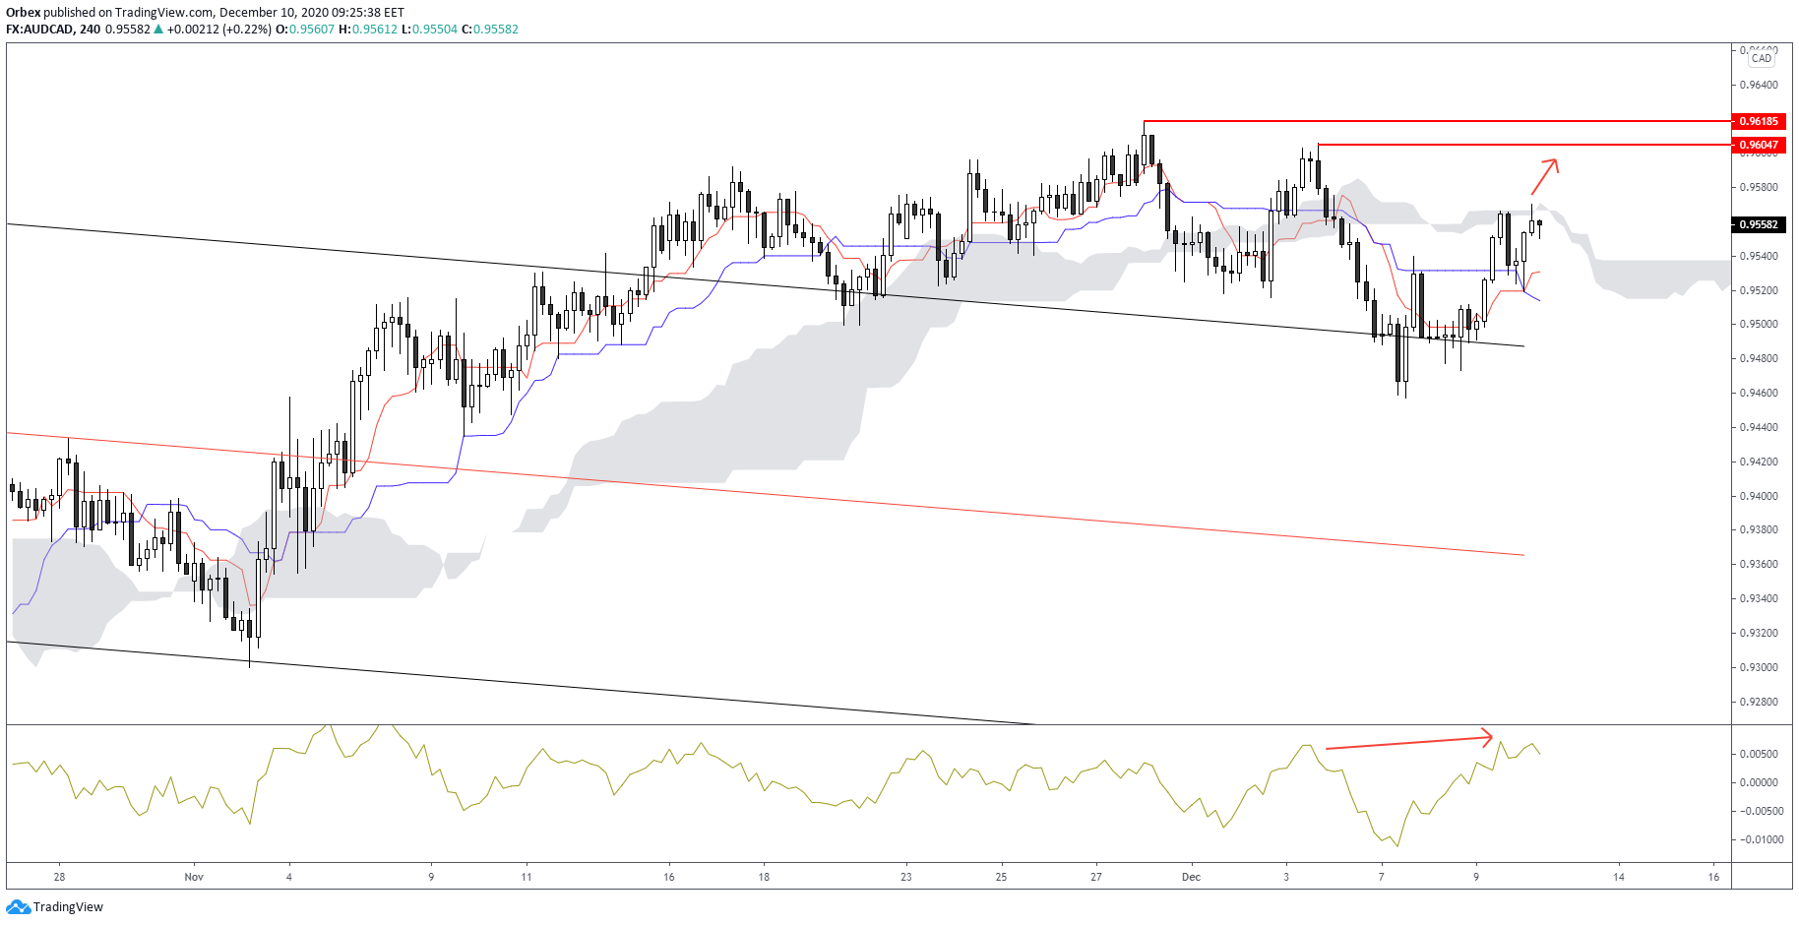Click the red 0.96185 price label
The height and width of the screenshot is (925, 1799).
pyautogui.click(x=1759, y=121)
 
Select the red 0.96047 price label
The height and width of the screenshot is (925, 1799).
pyautogui.click(x=1759, y=145)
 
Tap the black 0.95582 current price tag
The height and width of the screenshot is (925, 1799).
pyautogui.click(x=1759, y=224)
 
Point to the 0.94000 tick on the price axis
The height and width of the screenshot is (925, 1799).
pyautogui.click(x=1759, y=496)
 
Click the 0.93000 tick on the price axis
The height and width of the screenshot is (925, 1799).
pyautogui.click(x=1759, y=667)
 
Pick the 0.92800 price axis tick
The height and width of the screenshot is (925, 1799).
pyautogui.click(x=1759, y=702)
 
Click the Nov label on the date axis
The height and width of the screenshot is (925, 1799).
pyautogui.click(x=194, y=877)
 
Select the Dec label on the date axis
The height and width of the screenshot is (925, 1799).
pyautogui.click(x=1191, y=877)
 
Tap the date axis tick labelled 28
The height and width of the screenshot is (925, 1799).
pyautogui.click(x=60, y=877)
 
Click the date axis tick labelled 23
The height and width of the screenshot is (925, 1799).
pyautogui.click(x=906, y=877)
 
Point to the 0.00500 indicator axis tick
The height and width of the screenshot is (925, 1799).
pyautogui.click(x=1761, y=754)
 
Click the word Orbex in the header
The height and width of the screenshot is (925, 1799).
pyautogui.click(x=23, y=13)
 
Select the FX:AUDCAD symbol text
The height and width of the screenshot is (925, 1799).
pyautogui.click(x=39, y=30)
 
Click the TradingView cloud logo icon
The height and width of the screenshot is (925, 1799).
pyautogui.click(x=18, y=906)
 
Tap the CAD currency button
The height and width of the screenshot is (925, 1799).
pyautogui.click(x=1761, y=58)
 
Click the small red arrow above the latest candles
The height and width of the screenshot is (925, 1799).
pyautogui.click(x=1544, y=175)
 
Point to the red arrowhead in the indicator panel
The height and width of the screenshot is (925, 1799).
pyautogui.click(x=1488, y=736)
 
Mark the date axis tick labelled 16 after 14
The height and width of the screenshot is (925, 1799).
pyautogui.click(x=1713, y=877)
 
